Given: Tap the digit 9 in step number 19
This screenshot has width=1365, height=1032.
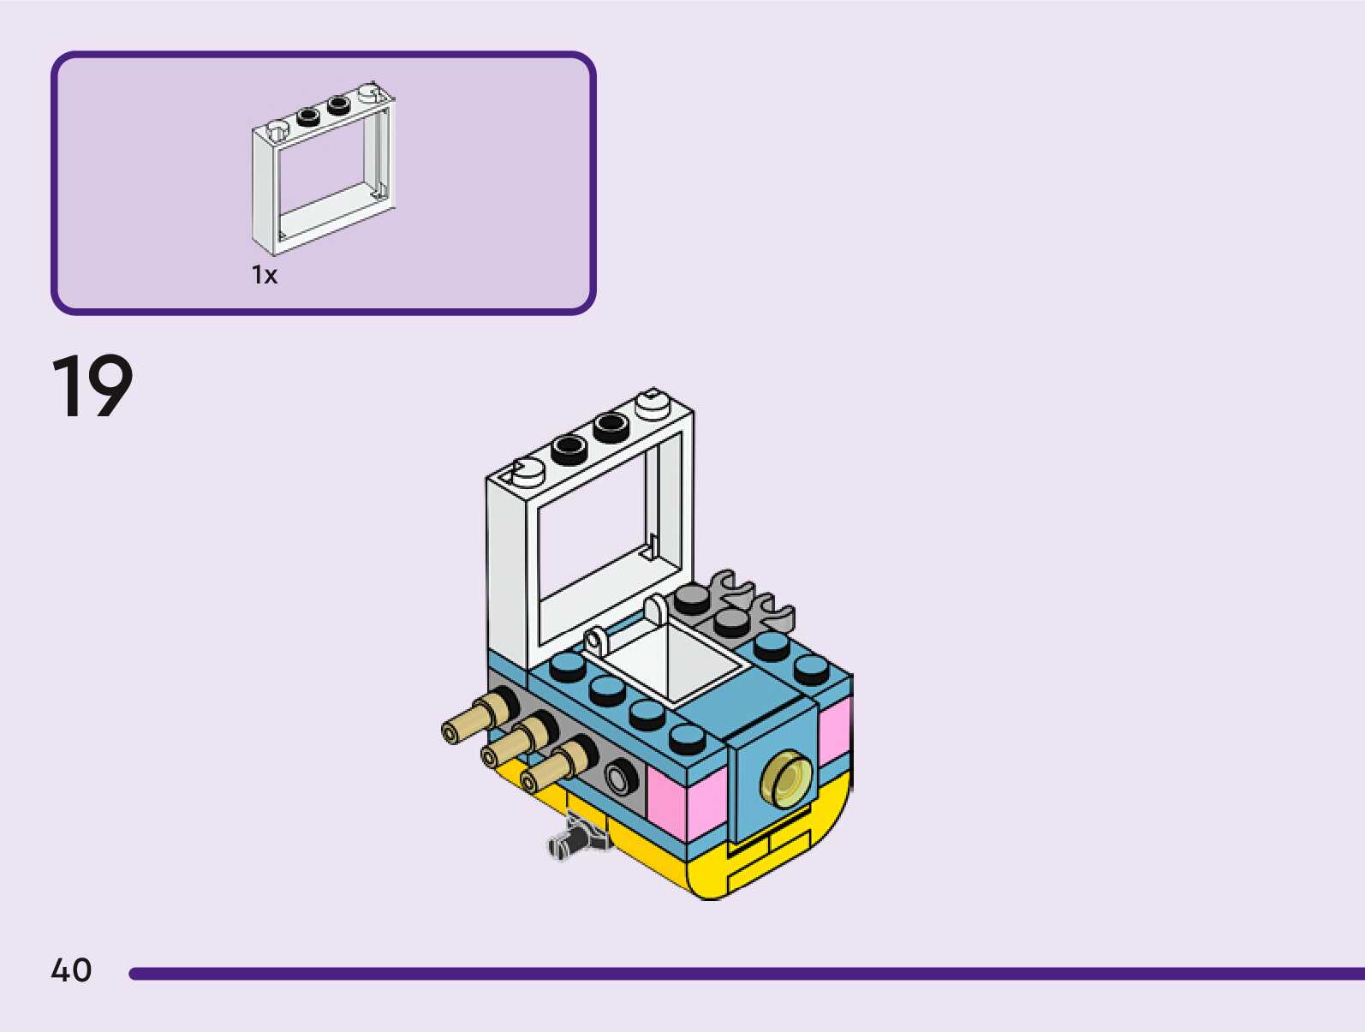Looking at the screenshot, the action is pyautogui.click(x=108, y=386).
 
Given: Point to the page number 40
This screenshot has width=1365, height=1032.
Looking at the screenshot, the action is pyautogui.click(x=71, y=970).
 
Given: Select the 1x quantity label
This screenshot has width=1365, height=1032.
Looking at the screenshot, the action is pyautogui.click(x=265, y=275).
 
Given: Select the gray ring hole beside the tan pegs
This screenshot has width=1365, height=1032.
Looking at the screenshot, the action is pyautogui.click(x=620, y=778).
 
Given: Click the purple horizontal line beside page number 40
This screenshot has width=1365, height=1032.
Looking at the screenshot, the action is pyautogui.click(x=745, y=974).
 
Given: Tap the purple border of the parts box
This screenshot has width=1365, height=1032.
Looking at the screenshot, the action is pyautogui.click(x=323, y=55).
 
